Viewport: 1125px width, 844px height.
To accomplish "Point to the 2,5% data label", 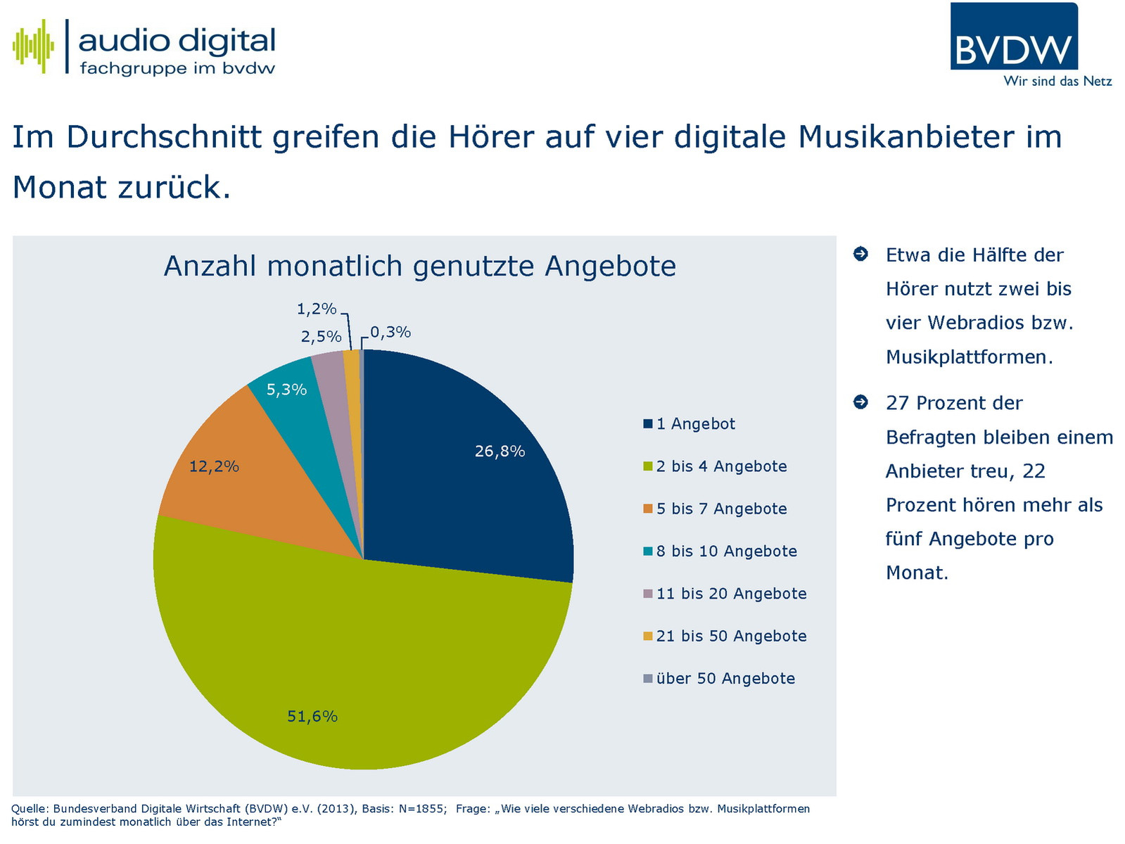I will tap(321, 337).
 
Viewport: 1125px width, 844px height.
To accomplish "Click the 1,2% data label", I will tap(316, 309).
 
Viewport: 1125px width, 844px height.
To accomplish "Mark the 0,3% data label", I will tap(390, 332).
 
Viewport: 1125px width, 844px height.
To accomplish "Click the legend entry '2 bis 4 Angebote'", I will tap(721, 466).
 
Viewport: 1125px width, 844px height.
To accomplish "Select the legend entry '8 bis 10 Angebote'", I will tap(726, 551).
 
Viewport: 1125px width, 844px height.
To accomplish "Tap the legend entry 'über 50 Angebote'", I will tap(725, 679).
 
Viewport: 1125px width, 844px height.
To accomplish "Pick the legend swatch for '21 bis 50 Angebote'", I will tap(648, 637).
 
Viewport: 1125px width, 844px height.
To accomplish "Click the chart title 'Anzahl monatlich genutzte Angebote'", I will tap(420, 267).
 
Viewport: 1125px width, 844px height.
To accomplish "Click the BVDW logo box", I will tap(1013, 37).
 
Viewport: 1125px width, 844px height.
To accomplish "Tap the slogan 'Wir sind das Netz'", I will tap(1057, 82).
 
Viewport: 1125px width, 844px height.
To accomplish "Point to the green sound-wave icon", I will tap(33, 46).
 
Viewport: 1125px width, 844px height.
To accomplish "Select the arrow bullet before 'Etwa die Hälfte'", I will tap(860, 254).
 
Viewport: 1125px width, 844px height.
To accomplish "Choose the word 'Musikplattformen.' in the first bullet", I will tap(969, 357).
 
